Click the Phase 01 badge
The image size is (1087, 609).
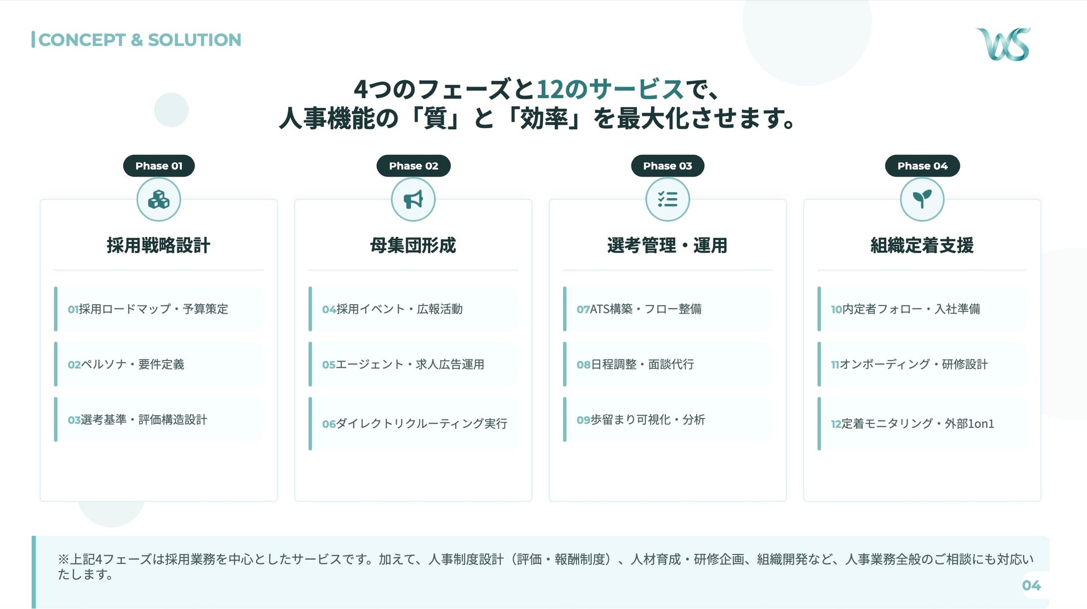click(159, 166)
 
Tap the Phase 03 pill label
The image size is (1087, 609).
click(667, 166)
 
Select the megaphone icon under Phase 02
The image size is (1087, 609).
click(413, 199)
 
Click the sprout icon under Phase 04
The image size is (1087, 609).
click(922, 199)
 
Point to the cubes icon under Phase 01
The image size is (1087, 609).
click(159, 199)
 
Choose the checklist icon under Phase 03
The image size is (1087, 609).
click(667, 199)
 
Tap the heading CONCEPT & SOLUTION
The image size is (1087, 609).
click(139, 40)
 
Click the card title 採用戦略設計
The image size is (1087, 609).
click(159, 245)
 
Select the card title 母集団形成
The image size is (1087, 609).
click(413, 245)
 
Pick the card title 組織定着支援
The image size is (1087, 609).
click(922, 245)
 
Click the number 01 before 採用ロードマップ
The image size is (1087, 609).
click(73, 309)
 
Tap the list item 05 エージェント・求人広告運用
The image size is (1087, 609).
click(404, 364)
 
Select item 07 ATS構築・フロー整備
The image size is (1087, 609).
click(639, 309)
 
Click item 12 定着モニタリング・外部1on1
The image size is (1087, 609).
click(913, 423)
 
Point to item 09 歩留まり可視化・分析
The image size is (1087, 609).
click(641, 420)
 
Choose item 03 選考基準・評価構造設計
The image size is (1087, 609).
click(138, 420)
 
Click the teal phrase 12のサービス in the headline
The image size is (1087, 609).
click(610, 89)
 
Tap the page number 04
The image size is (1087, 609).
click(1031, 585)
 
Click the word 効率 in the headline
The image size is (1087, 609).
click(543, 118)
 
